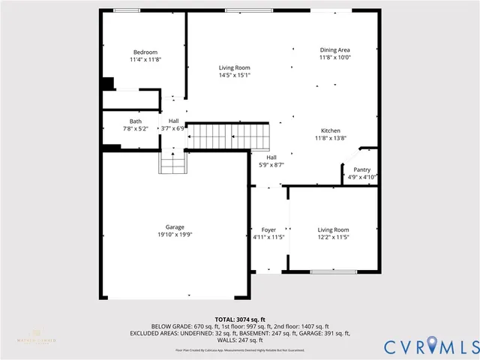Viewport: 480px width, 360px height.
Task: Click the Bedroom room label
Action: (x=145, y=52)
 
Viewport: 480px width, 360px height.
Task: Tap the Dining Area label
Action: (x=335, y=49)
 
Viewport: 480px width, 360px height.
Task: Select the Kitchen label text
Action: (x=331, y=130)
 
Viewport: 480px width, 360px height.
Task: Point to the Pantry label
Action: (x=361, y=169)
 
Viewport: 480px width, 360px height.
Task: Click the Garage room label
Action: (x=175, y=226)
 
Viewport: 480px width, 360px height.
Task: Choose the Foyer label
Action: (x=268, y=229)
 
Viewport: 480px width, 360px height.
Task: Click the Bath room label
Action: (x=135, y=121)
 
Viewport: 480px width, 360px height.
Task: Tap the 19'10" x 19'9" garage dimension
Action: (x=175, y=235)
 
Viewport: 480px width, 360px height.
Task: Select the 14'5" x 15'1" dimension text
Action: (x=235, y=75)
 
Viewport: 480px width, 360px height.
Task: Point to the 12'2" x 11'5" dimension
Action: (x=333, y=237)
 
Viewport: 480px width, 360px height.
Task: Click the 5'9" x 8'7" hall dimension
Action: (x=271, y=164)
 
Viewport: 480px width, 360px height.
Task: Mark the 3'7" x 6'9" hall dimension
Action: (x=173, y=128)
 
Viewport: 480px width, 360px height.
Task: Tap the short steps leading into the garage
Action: (x=172, y=161)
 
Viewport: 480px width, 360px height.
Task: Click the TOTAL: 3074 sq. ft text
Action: (x=240, y=319)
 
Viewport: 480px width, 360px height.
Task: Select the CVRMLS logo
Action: (x=430, y=346)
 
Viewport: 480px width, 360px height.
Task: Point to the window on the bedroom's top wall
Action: (x=125, y=10)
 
